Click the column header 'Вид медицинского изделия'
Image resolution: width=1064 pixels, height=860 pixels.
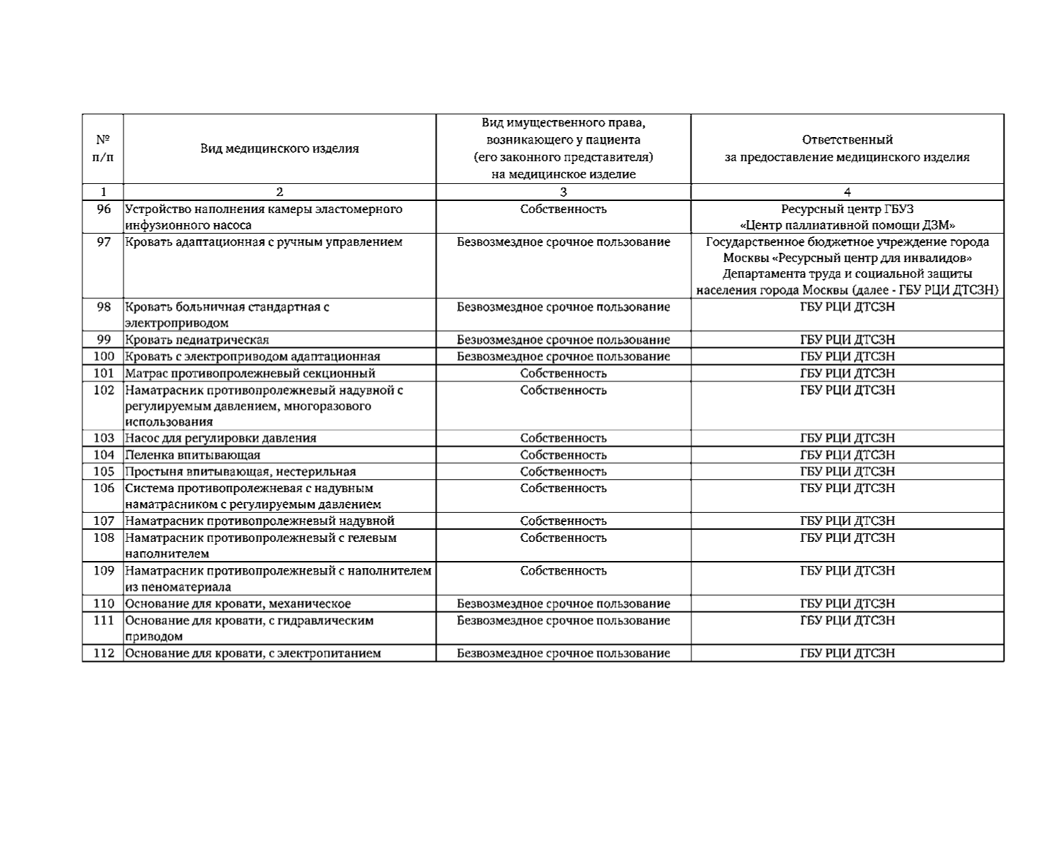tap(279, 148)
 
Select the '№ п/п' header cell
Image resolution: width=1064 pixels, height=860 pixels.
tap(103, 148)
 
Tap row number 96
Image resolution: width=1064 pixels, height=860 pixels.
tap(104, 209)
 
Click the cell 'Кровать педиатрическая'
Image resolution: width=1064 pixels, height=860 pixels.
tap(197, 340)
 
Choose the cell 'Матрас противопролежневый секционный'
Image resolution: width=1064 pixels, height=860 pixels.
tap(250, 374)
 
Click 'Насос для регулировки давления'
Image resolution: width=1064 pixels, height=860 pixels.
tap(221, 438)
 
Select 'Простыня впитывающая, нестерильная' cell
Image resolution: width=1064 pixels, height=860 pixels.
tap(241, 472)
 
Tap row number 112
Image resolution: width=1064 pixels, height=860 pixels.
tap(104, 653)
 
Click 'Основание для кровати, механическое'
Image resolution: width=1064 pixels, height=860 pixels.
tap(238, 604)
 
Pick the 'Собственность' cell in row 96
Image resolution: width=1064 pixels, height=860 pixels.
tap(563, 209)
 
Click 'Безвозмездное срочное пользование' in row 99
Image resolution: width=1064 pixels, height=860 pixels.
tap(563, 340)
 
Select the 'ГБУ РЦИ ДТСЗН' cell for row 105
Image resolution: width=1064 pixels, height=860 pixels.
tap(847, 472)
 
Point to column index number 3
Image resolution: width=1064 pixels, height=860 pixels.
tap(563, 192)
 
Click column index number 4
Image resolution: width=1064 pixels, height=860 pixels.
tap(847, 192)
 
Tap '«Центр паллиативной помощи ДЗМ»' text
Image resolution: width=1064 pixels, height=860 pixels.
tap(847, 226)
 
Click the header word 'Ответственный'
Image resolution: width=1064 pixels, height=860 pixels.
tap(847, 140)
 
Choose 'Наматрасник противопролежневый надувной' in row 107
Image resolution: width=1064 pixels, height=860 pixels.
tap(260, 521)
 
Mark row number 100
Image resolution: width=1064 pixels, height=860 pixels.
tap(104, 356)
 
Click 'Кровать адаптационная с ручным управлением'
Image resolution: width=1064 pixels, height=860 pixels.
tap(264, 242)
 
